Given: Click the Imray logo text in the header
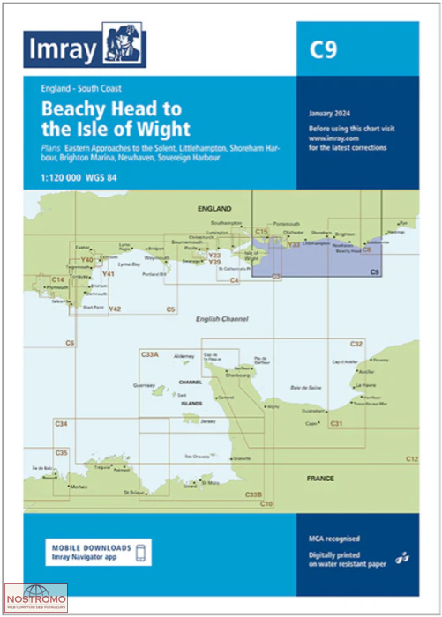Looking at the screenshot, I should tap(64, 50).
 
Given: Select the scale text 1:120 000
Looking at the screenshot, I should tap(61, 180).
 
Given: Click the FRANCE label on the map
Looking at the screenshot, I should tap(320, 478).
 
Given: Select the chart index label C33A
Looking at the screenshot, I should tap(149, 353).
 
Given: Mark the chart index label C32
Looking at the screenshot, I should tap(356, 343).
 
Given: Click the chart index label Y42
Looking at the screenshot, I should tap(115, 308).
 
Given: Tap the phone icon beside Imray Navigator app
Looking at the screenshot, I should tap(139, 553).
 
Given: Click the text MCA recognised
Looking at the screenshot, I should tap(334, 538).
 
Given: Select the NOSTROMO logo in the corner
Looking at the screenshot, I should tap(36, 598).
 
